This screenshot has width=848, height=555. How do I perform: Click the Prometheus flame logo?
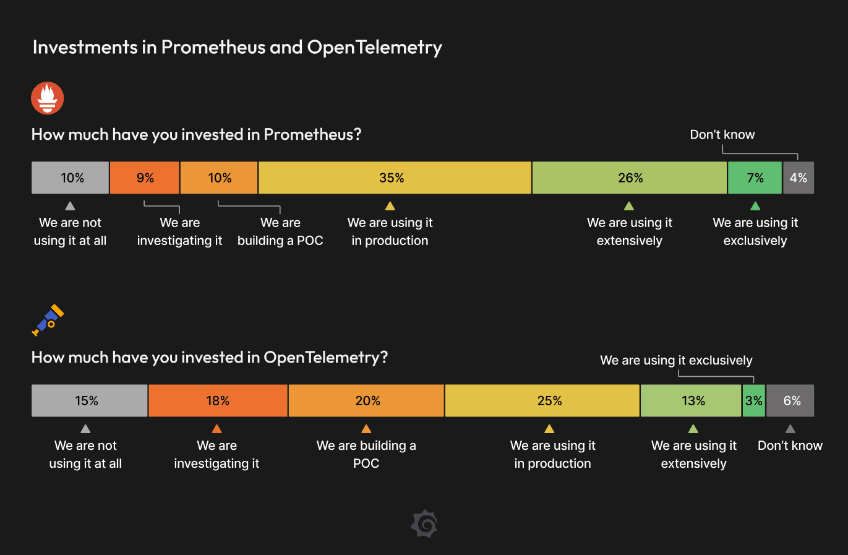click(x=48, y=98)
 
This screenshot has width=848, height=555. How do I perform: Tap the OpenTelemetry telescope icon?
click(x=48, y=320)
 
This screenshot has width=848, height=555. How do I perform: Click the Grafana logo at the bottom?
click(x=424, y=524)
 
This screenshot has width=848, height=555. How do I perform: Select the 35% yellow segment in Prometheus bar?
click(x=395, y=178)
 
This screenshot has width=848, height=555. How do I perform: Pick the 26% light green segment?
click(x=629, y=178)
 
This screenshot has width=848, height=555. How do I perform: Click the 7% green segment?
click(x=755, y=178)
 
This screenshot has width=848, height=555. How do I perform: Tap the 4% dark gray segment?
click(x=798, y=178)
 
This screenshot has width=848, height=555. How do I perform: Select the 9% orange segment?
click(x=145, y=178)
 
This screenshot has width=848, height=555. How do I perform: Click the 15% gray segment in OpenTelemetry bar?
click(x=89, y=401)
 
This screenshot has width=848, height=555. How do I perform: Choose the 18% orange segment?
click(x=218, y=401)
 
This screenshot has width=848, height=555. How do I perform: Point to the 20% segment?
click(x=366, y=401)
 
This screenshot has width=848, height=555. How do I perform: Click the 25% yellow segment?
click(x=542, y=401)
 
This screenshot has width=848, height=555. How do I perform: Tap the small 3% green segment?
click(x=753, y=401)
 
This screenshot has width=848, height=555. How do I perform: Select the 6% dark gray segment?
click(x=790, y=401)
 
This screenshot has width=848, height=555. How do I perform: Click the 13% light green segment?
click(x=691, y=401)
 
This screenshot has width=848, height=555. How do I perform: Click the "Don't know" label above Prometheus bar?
click(x=722, y=135)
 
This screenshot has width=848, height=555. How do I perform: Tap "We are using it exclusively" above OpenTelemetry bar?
click(x=676, y=360)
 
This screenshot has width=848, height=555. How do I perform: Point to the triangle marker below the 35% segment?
click(x=390, y=206)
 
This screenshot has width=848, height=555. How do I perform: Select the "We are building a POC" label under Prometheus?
click(x=280, y=231)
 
